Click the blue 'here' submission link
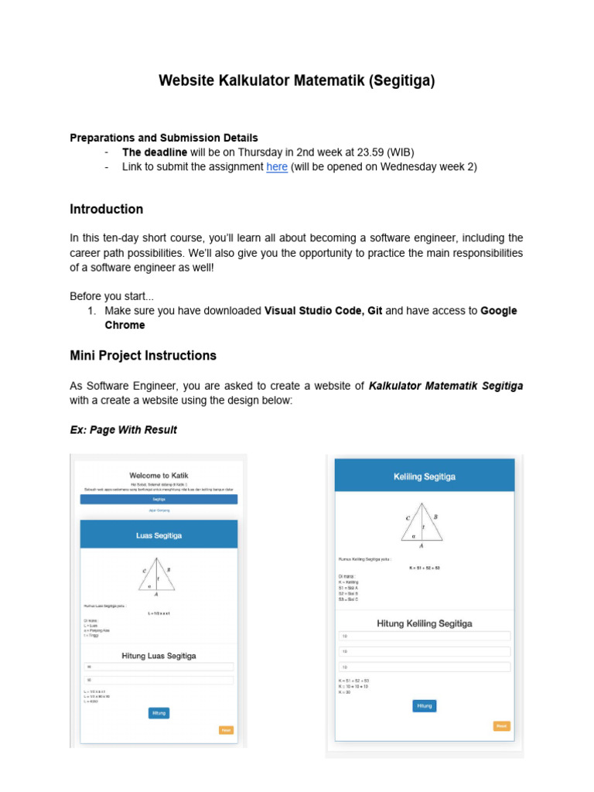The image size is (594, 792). click(277, 167)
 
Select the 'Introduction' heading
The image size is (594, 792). click(106, 210)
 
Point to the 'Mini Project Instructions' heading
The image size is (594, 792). click(143, 356)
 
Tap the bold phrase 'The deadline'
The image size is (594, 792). click(155, 152)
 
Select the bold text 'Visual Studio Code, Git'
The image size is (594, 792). click(323, 311)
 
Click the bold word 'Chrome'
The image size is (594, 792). click(125, 326)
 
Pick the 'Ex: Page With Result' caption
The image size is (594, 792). click(123, 430)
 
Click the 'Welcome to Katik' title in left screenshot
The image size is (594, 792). click(159, 475)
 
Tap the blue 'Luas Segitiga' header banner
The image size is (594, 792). click(159, 535)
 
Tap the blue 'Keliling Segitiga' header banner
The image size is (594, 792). click(424, 476)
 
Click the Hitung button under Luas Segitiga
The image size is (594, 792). click(159, 713)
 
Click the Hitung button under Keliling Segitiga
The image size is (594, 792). click(425, 705)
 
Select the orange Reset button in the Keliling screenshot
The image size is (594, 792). click(501, 725)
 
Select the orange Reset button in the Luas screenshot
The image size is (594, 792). click(226, 730)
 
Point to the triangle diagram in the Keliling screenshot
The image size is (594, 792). click(422, 524)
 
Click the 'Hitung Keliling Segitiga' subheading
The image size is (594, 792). click(424, 623)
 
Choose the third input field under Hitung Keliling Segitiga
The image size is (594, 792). click(424, 667)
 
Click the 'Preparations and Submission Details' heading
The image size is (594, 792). click(164, 138)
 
